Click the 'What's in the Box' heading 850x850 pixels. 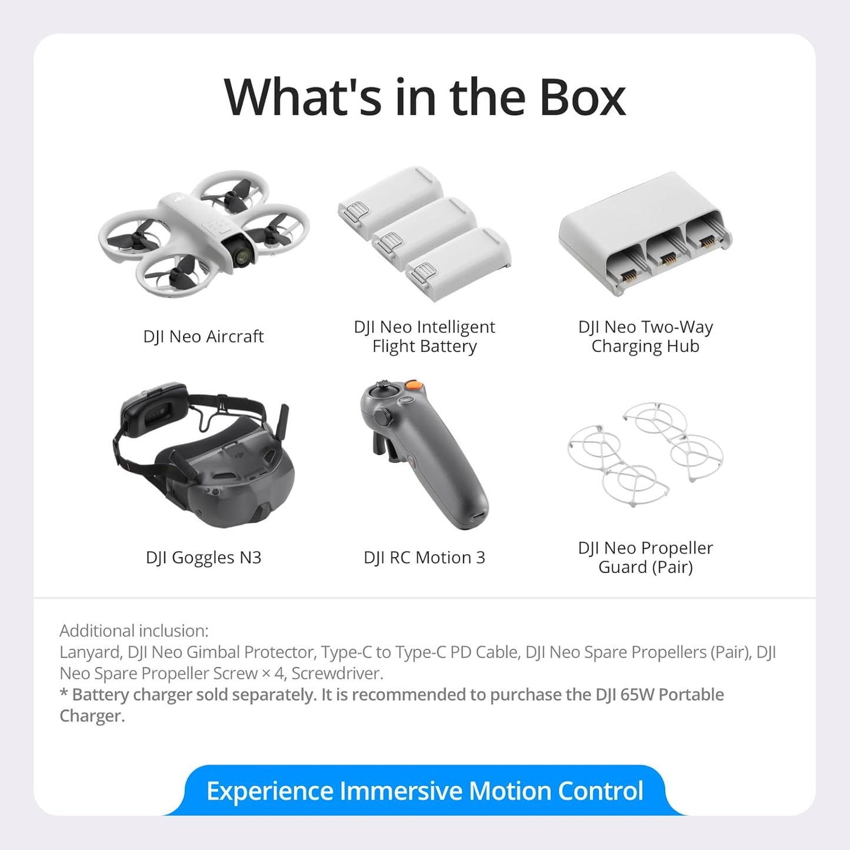click(x=425, y=97)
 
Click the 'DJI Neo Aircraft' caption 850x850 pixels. click(x=204, y=336)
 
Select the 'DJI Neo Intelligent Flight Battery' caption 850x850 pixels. click(x=424, y=336)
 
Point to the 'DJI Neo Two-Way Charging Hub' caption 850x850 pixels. click(x=645, y=336)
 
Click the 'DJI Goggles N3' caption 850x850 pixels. click(x=204, y=557)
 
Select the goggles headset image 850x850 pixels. click(x=203, y=459)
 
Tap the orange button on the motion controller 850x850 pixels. click(x=416, y=385)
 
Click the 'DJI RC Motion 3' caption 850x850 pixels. click(x=424, y=557)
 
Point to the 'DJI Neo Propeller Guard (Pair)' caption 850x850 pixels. click(x=645, y=557)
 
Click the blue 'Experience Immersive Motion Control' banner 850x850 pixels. click(x=425, y=791)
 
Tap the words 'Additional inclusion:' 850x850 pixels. click(x=134, y=631)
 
